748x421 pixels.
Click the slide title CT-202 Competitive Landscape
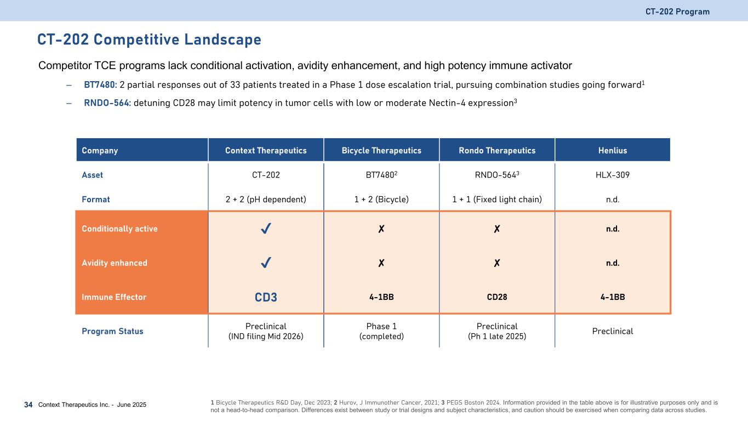pyautogui.click(x=149, y=39)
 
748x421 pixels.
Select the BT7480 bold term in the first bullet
pyautogui.click(x=100, y=85)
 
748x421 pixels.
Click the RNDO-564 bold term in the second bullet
pyautogui.click(x=107, y=103)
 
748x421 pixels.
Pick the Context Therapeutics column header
pyautogui.click(x=266, y=150)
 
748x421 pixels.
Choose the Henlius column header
pyautogui.click(x=613, y=150)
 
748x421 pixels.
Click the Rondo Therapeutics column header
pyautogui.click(x=496, y=150)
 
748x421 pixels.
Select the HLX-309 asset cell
pyautogui.click(x=613, y=175)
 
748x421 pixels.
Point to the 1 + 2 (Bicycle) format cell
pyautogui.click(x=381, y=200)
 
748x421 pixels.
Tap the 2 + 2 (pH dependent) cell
pyautogui.click(x=266, y=200)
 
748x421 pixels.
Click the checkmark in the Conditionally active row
pyautogui.click(x=266, y=229)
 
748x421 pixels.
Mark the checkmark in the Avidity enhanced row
pyautogui.click(x=266, y=263)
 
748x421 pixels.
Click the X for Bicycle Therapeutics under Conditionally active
pyautogui.click(x=381, y=229)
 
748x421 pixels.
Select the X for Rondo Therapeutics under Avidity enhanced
pyautogui.click(x=496, y=263)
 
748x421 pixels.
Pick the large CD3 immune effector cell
pyautogui.click(x=266, y=298)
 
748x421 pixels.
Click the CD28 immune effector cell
pyautogui.click(x=496, y=297)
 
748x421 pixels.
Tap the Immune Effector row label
pyautogui.click(x=114, y=297)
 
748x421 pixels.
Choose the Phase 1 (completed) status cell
pyautogui.click(x=381, y=331)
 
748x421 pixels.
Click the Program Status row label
pyautogui.click(x=112, y=331)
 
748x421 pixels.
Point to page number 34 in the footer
pyautogui.click(x=28, y=405)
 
